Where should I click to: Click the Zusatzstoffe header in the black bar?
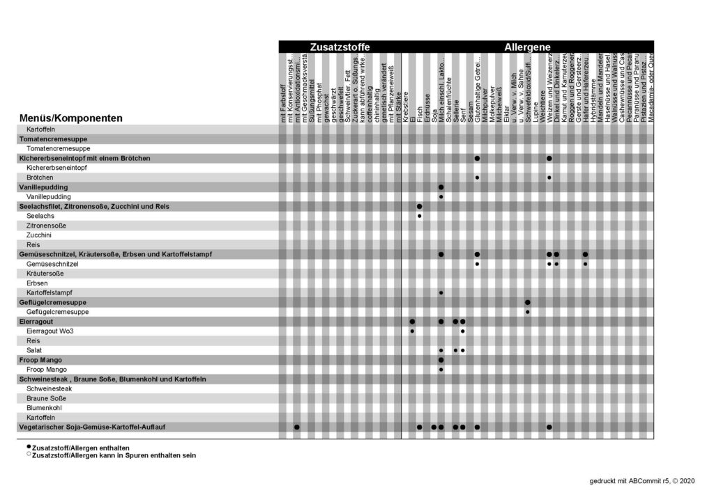click(340, 47)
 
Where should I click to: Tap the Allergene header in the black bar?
click(527, 47)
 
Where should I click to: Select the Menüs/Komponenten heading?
click(71, 118)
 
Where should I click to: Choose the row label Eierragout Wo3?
click(50, 331)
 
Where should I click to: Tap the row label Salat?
click(34, 350)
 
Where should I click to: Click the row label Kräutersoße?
click(44, 274)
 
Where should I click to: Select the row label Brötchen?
click(40, 178)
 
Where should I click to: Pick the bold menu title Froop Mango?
click(40, 360)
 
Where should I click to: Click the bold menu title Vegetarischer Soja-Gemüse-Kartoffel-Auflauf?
click(96, 426)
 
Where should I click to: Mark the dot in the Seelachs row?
click(419, 216)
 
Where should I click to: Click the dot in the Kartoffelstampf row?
click(441, 293)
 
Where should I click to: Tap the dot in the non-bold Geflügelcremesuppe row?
click(527, 312)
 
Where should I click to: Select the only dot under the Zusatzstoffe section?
click(297, 426)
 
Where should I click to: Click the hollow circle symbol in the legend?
click(29, 455)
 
